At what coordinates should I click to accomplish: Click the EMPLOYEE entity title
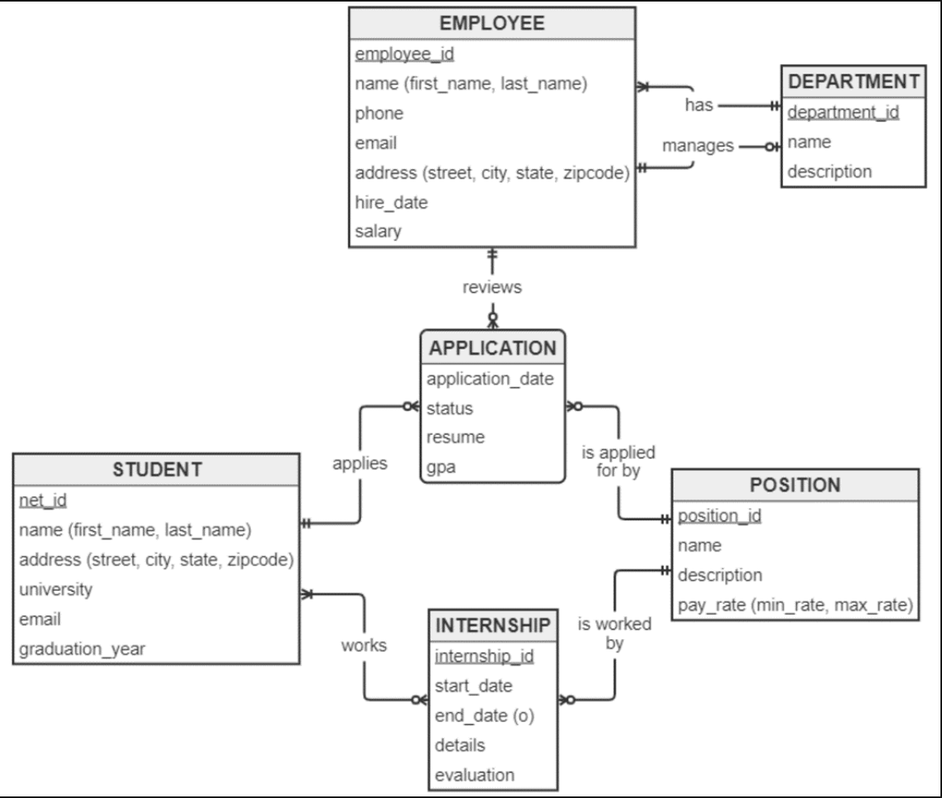(492, 23)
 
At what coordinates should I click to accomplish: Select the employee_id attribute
(405, 54)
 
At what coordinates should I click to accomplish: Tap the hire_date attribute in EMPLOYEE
(391, 202)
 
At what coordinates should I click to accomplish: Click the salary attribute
(378, 231)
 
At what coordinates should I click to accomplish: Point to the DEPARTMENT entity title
(853, 81)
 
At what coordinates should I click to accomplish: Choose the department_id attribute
(843, 112)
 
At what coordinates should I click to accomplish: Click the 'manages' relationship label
(698, 146)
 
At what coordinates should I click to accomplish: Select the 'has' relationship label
(699, 105)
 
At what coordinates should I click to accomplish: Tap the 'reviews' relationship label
(492, 287)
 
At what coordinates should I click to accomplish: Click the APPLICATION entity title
(492, 348)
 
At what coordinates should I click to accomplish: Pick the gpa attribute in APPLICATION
(441, 467)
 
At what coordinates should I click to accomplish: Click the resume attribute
(455, 438)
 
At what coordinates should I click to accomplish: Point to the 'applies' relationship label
(360, 464)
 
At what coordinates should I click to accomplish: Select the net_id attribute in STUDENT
(43, 500)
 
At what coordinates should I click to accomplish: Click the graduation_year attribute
(82, 649)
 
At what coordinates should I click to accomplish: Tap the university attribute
(55, 589)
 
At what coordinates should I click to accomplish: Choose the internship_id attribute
(484, 657)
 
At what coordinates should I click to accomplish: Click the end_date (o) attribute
(484, 716)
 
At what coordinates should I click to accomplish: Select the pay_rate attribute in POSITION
(795, 606)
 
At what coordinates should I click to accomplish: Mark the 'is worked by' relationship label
(614, 634)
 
